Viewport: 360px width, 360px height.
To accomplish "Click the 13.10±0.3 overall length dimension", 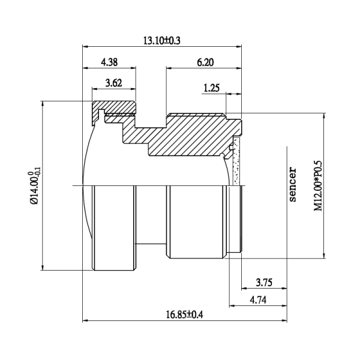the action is (x=162, y=41).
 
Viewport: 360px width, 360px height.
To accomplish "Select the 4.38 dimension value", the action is (x=109, y=62).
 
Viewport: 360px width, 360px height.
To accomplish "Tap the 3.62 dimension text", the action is (x=113, y=83).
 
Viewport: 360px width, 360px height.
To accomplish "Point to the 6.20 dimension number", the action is (x=205, y=62).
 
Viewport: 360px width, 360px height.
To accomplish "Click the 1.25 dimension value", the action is (x=211, y=88).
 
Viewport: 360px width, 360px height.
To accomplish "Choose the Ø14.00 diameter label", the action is (x=35, y=185).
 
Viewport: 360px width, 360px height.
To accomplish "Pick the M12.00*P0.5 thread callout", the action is (x=318, y=186).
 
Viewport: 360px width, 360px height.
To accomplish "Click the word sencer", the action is (x=293, y=185).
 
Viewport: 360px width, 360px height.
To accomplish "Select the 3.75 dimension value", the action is (x=264, y=283).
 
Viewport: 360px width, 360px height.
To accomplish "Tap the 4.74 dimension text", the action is (x=258, y=300).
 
